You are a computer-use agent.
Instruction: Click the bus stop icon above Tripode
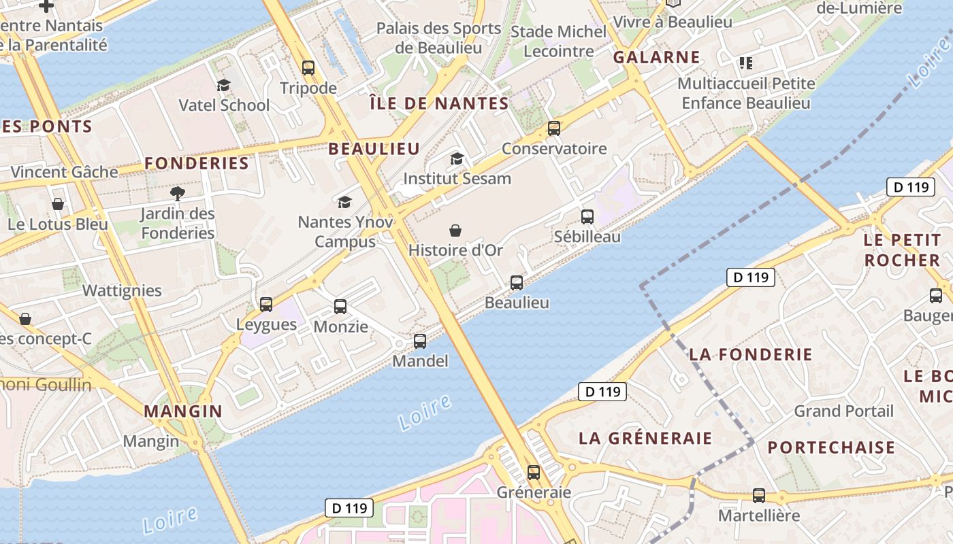[308, 68]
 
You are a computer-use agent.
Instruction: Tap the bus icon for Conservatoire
[554, 128]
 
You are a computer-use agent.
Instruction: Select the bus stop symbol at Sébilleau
[587, 217]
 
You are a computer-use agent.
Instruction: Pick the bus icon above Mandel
[420, 341]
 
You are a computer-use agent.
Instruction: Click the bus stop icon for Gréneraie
[534, 472]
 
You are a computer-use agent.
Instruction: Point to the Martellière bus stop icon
[759, 496]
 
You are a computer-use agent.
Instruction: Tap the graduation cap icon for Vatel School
[223, 85]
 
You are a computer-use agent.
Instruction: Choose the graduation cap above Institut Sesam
[457, 158]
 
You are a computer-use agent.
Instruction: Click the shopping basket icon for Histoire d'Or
[455, 231]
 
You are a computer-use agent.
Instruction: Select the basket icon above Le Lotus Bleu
[58, 204]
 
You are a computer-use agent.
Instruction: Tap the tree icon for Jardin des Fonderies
[178, 194]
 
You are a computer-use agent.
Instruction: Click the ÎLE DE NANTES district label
[439, 103]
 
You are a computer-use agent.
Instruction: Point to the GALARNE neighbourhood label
[656, 57]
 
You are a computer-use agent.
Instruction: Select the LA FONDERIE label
[750, 354]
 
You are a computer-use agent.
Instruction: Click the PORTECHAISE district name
[831, 447]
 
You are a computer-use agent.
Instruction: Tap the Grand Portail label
[843, 411]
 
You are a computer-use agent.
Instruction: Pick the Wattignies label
[122, 290]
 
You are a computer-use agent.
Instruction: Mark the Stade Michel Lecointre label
[558, 41]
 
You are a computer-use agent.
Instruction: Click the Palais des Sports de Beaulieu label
[438, 38]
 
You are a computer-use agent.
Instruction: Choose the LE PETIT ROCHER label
[901, 250]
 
